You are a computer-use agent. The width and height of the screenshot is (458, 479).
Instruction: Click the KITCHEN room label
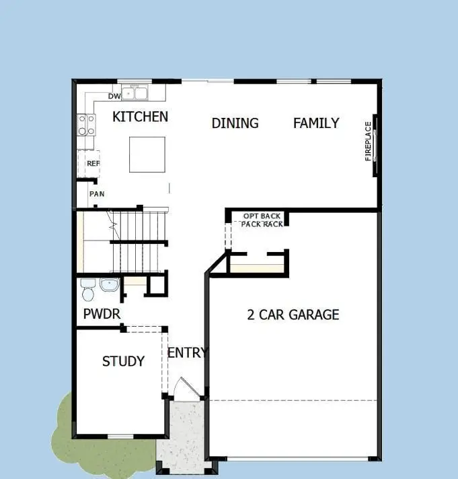click(x=140, y=117)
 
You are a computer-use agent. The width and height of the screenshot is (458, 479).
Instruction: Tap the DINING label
click(x=235, y=123)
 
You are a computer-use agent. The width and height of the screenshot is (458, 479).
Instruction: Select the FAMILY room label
click(x=316, y=123)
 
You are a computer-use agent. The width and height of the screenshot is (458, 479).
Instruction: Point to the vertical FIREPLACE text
click(x=368, y=141)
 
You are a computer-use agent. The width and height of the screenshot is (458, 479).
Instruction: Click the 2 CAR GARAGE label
click(x=293, y=315)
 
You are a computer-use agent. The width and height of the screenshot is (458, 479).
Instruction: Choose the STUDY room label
click(x=123, y=362)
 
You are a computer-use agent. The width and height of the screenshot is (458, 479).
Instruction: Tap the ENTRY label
click(x=188, y=353)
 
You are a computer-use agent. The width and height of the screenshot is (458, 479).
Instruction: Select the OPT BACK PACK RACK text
click(x=262, y=220)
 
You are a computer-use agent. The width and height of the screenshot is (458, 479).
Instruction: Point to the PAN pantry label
click(x=97, y=194)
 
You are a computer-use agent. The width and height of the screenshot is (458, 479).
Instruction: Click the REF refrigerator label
click(x=93, y=164)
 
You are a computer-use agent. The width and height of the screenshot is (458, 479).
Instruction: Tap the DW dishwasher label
click(x=114, y=96)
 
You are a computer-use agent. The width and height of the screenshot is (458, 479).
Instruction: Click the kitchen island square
click(x=147, y=154)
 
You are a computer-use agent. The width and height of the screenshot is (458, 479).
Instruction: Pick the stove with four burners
click(x=87, y=124)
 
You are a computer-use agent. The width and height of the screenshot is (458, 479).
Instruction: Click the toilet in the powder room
click(x=87, y=290)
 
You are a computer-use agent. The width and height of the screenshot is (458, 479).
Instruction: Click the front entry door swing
click(x=184, y=389)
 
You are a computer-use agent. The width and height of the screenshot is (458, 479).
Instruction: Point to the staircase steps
click(x=138, y=239)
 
